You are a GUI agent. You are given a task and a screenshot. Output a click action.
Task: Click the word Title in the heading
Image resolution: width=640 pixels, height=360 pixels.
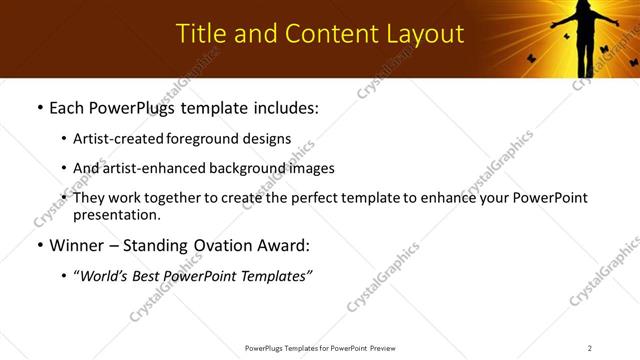(198, 34)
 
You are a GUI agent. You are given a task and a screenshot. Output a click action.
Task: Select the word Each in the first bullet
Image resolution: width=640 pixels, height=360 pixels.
(66, 108)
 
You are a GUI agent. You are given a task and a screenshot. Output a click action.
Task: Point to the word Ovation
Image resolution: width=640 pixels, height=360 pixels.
(219, 245)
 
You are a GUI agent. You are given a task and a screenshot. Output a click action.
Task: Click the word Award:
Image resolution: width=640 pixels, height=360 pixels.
(283, 245)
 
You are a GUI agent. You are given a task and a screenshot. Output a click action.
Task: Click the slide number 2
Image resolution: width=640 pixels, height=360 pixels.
(590, 348)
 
